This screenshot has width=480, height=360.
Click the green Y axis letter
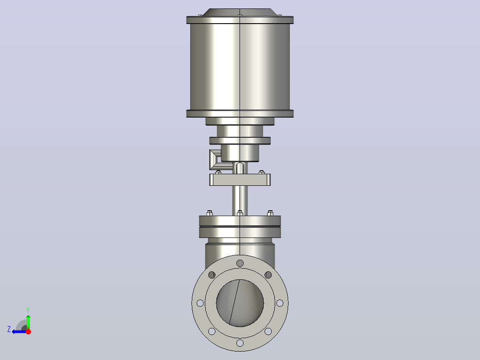point(28,310)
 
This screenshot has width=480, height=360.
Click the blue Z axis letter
point(9,329)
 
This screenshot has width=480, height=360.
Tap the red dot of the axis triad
point(28,331)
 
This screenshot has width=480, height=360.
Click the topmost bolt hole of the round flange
point(240,263)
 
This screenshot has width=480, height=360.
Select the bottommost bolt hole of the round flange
point(240,343)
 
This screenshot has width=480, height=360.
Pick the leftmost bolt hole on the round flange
point(200,303)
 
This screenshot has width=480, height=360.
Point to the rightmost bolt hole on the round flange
point(280,303)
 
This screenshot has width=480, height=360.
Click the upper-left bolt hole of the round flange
point(212,275)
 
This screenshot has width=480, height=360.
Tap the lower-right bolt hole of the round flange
point(268,331)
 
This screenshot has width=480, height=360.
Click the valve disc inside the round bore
point(240,303)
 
